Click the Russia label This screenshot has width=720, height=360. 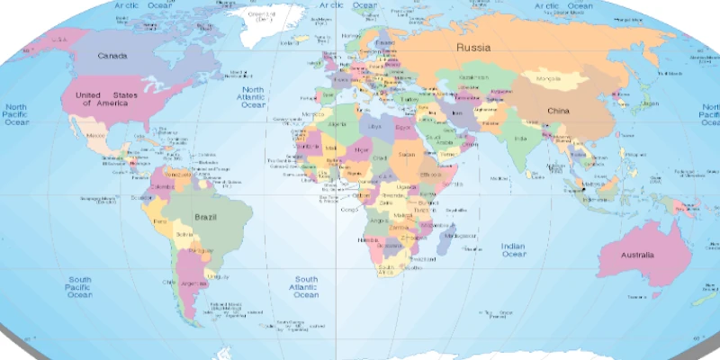pos(472,47)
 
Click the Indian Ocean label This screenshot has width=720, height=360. pos(513,250)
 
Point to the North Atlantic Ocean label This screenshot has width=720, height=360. pos(253,97)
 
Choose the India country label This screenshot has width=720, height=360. pos(519,139)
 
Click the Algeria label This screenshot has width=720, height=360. pos(339,124)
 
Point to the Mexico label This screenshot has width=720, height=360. pos(94,134)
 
